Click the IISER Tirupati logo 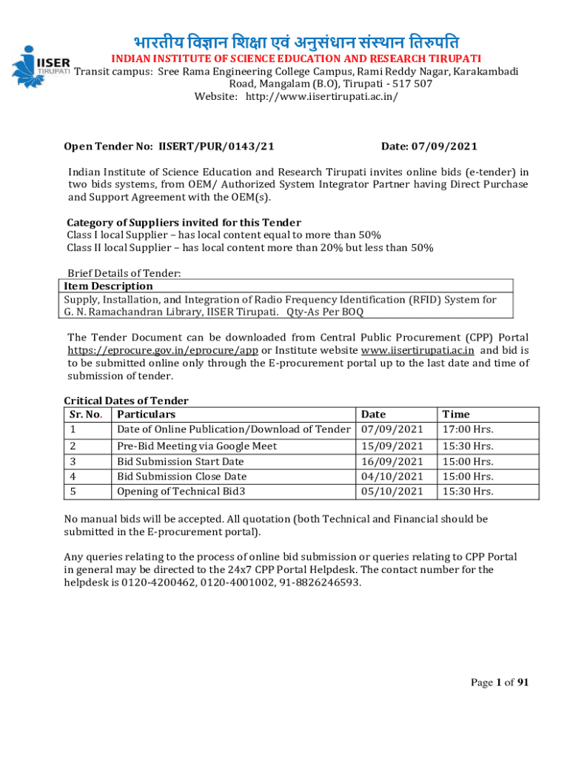pyautogui.click(x=38, y=61)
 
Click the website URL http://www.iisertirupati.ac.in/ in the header pyautogui.click(x=316, y=97)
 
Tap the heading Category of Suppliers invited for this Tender pyautogui.click(x=184, y=223)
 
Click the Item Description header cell pyautogui.click(x=109, y=286)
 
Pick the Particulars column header pyautogui.click(x=147, y=415)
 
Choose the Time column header pyautogui.click(x=456, y=415)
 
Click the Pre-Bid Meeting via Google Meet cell pyautogui.click(x=197, y=446)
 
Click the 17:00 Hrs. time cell pyautogui.click(x=467, y=429)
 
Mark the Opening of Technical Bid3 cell pyautogui.click(x=181, y=492)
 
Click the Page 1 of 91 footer pyautogui.click(x=500, y=682)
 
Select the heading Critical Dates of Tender pyautogui.click(x=127, y=400)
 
